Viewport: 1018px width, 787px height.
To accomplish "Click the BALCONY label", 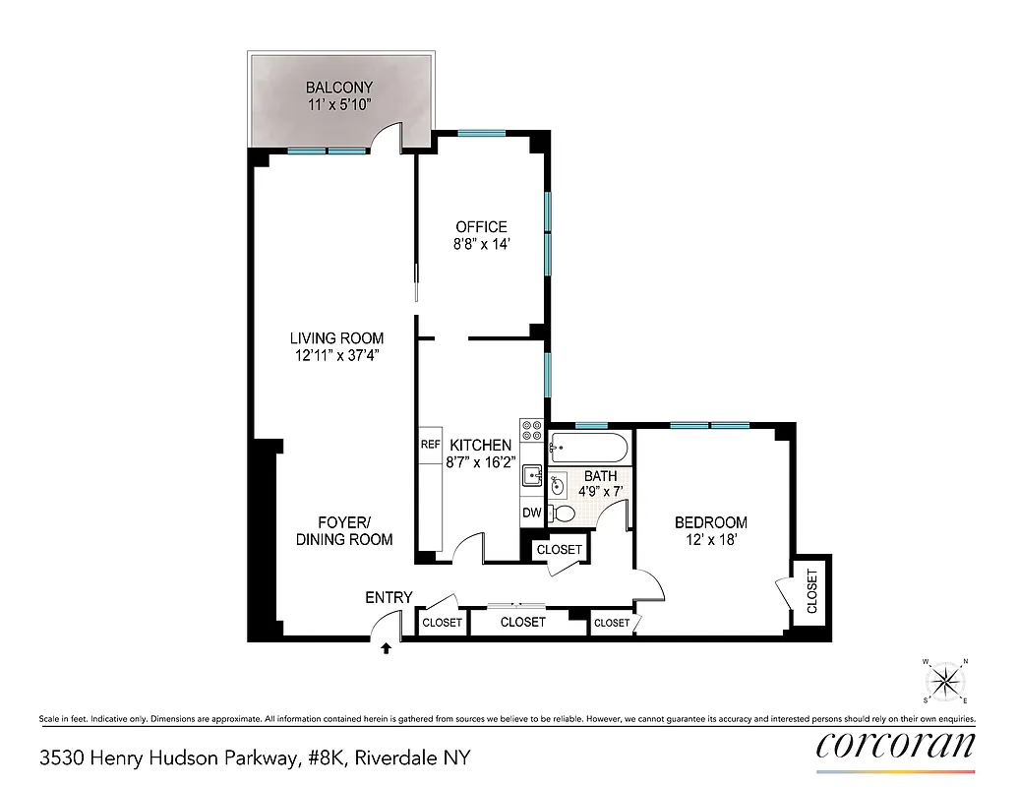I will (x=338, y=88).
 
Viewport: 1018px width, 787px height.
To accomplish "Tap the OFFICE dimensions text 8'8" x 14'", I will (x=481, y=244).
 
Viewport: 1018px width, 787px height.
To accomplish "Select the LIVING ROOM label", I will (x=336, y=338).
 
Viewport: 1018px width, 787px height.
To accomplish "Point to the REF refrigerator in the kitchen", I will (x=430, y=445).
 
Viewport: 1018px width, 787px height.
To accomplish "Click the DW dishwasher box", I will (x=531, y=513).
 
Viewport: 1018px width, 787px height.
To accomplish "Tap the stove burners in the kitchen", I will (x=532, y=430).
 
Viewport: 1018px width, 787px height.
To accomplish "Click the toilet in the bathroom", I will (x=563, y=513).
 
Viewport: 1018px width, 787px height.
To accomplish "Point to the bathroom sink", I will (x=558, y=484).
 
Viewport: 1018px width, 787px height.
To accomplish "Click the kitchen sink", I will (x=532, y=476).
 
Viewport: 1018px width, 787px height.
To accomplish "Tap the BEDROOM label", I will (x=710, y=522).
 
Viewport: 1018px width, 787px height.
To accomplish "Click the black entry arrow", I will (x=386, y=648).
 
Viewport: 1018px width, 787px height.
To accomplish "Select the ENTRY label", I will (x=389, y=598).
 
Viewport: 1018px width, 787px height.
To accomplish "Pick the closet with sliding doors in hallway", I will (x=522, y=622).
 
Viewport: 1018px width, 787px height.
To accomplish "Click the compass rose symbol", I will (x=945, y=681).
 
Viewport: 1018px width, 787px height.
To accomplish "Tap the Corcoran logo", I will (x=895, y=746).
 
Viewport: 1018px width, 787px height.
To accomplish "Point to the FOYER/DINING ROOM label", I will (x=343, y=530).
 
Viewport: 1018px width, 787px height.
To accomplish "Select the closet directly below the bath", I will (x=559, y=549).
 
